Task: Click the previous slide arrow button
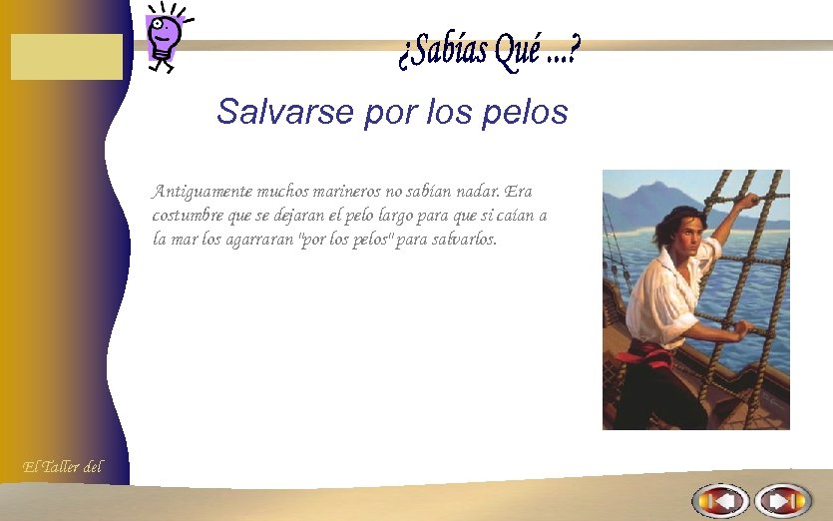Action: pyautogui.click(x=720, y=500)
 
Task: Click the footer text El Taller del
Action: pyautogui.click(x=62, y=465)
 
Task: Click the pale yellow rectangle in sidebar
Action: pyautogui.click(x=67, y=57)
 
